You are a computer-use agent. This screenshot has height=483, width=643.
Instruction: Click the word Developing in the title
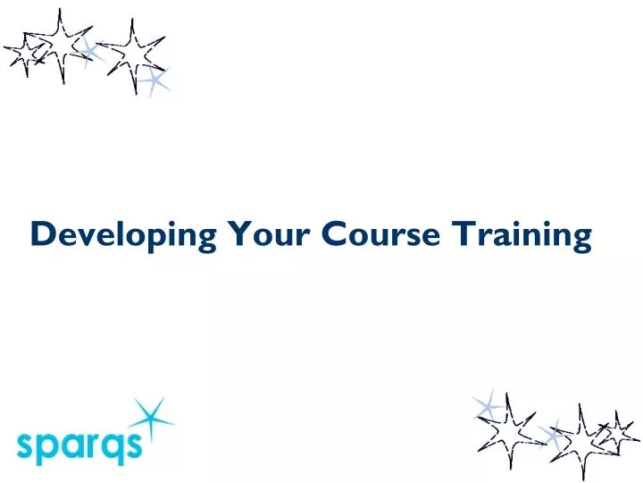[x=123, y=235]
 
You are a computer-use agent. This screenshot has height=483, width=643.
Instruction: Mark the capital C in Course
[x=332, y=234]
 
